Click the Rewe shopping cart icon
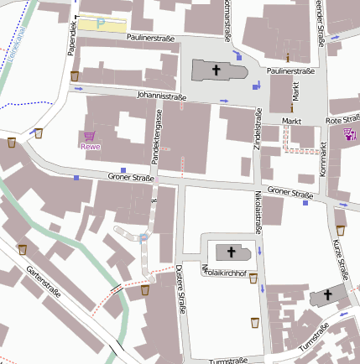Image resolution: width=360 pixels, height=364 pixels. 89,135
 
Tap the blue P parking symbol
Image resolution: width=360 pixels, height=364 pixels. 101,24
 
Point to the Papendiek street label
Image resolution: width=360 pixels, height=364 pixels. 73,39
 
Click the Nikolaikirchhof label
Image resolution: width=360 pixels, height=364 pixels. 224,273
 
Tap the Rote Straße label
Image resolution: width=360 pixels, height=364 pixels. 343,121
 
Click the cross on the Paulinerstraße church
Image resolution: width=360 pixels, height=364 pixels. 215,70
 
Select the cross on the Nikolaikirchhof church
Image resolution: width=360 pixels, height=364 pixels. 232,251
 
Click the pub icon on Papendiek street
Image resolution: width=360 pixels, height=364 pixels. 75,76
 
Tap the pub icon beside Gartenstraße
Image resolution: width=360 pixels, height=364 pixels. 22,249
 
